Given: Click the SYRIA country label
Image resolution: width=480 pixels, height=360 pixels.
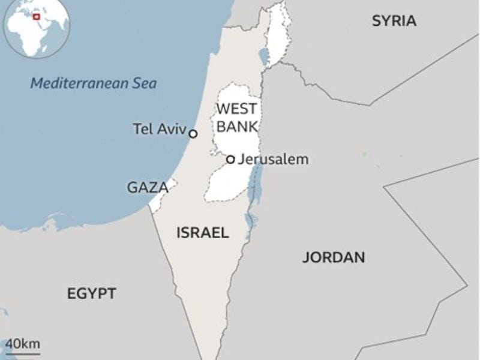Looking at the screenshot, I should click(x=394, y=21).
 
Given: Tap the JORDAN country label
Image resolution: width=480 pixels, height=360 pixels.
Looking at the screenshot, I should click(x=333, y=258).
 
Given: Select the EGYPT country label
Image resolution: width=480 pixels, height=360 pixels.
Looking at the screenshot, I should click(x=91, y=294).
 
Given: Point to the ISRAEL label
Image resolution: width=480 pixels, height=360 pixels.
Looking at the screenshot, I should click(x=202, y=233).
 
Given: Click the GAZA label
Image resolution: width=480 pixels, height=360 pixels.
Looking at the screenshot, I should click(x=146, y=188).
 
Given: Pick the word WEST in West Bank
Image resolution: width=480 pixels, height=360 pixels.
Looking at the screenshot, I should click(x=236, y=109).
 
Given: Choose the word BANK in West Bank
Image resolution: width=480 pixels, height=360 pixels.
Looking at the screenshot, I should click(x=236, y=127).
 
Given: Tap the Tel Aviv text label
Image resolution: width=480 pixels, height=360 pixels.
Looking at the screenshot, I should click(x=159, y=128).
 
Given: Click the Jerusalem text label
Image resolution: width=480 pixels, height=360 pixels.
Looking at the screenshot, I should click(x=273, y=160).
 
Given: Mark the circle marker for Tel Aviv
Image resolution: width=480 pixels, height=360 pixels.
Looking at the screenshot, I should click(x=193, y=134).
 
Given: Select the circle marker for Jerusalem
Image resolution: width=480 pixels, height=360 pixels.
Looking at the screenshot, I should click(x=230, y=160).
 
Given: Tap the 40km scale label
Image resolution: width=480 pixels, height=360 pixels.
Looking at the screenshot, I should click(x=23, y=344).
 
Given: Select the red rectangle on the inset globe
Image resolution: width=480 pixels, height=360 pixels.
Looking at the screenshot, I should click(x=37, y=17).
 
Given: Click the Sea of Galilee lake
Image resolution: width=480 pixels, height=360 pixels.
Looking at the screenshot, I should click(x=263, y=56).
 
